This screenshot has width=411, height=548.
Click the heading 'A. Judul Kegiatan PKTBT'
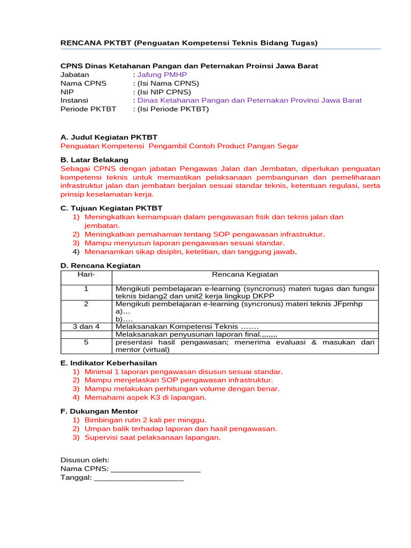[x=109, y=138]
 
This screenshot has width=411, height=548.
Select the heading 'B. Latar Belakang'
[x=94, y=159]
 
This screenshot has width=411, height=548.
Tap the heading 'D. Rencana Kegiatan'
[x=100, y=265]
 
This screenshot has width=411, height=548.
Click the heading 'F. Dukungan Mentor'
[x=99, y=412]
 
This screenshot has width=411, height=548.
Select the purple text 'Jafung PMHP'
[x=162, y=74]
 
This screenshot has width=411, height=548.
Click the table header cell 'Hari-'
[x=86, y=275]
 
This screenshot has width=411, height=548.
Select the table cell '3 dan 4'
[x=86, y=326]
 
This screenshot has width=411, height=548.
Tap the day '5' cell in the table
[x=86, y=341]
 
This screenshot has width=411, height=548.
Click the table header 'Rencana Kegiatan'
[x=245, y=275]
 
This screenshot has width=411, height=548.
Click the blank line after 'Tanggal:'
[x=139, y=478]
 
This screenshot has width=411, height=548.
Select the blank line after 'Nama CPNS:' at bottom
[x=155, y=469]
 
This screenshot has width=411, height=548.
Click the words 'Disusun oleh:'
[x=85, y=460]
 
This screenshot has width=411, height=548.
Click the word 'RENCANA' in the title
[x=80, y=43]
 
